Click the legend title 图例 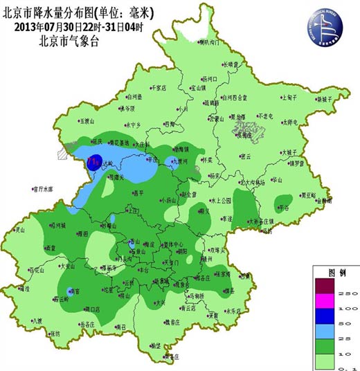click(x=334, y=272)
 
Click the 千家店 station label click(x=159, y=88)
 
